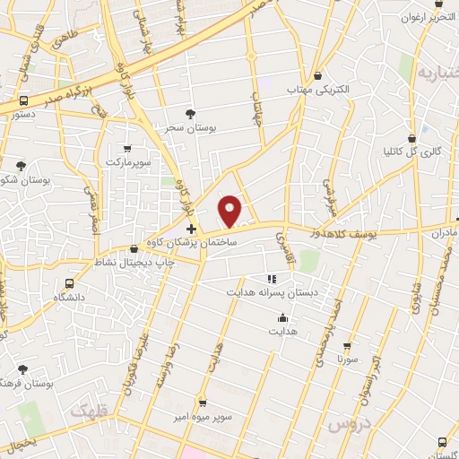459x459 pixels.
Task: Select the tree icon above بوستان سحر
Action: (189, 113)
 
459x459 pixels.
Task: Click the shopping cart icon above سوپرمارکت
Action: (126, 149)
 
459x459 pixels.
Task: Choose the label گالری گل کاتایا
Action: (413, 152)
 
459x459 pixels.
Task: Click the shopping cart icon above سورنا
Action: (347, 345)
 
